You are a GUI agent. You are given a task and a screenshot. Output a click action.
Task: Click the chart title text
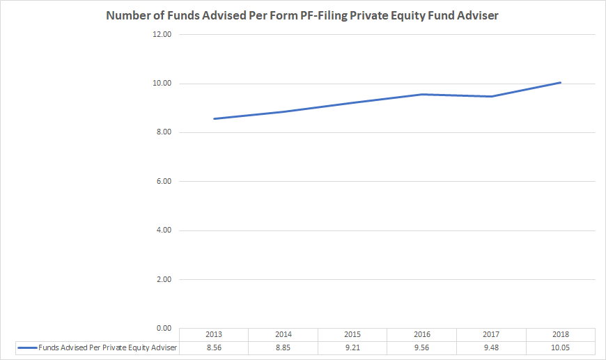[302, 15]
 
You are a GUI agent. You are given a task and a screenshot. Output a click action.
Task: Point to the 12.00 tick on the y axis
[162, 35]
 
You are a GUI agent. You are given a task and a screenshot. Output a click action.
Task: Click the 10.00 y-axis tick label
[162, 84]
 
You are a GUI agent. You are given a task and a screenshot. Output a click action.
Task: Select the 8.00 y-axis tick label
[163, 132]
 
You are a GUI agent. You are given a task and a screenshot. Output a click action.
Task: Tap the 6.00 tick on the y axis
[163, 182]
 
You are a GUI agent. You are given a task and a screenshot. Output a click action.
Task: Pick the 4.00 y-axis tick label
[163, 230]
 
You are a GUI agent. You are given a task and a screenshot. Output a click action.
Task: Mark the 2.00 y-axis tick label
[163, 279]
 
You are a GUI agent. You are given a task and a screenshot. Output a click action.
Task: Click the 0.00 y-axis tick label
[163, 328]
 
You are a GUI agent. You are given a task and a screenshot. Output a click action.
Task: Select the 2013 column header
[214, 334]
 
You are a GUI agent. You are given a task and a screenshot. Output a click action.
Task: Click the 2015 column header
[352, 334]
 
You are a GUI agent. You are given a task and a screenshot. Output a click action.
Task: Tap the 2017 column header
[491, 334]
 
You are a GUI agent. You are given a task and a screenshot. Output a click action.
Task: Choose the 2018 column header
[560, 334]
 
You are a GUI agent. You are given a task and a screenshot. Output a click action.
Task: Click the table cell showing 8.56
[214, 347]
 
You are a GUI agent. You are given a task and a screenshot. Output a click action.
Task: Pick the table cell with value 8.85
[283, 347]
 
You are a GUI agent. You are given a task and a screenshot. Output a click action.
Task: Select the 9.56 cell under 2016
[421, 347]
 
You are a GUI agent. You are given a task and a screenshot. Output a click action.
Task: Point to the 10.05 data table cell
[560, 347]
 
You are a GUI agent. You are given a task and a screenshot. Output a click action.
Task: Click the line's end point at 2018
[560, 82]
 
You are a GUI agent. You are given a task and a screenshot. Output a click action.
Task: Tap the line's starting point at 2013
[214, 118]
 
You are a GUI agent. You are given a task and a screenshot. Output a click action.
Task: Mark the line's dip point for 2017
[491, 96]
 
